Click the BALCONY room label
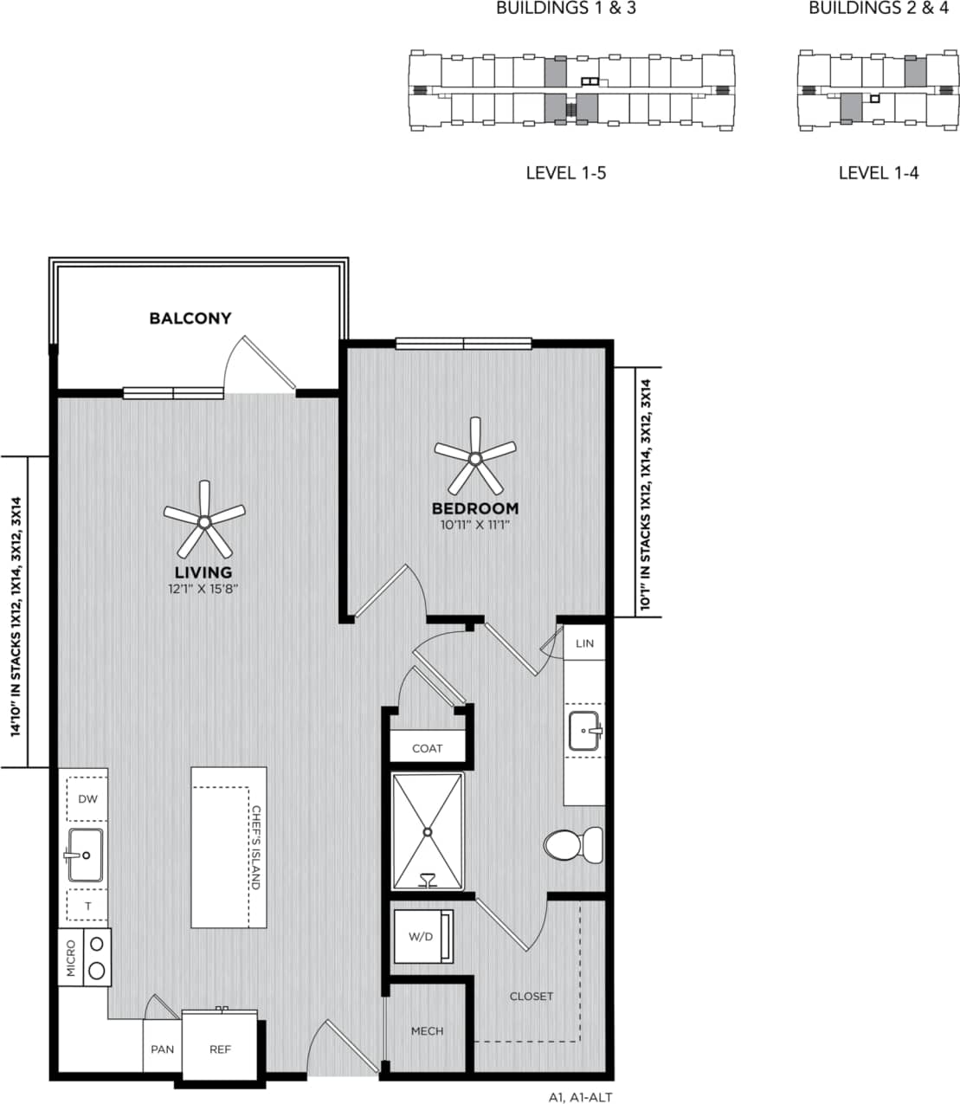pyautogui.click(x=190, y=318)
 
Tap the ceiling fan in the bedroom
pyautogui.click(x=474, y=457)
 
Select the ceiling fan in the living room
pyautogui.click(x=204, y=521)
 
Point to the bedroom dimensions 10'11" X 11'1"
pyautogui.click(x=474, y=524)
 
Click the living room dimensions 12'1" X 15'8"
pyautogui.click(x=203, y=588)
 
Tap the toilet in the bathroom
pyautogui.click(x=574, y=844)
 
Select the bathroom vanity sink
pyautogui.click(x=585, y=732)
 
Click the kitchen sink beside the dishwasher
pyautogui.click(x=86, y=854)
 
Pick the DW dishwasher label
pyautogui.click(x=88, y=799)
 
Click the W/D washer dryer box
pyautogui.click(x=422, y=936)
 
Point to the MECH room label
pyautogui.click(x=427, y=1030)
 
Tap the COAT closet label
pyautogui.click(x=427, y=748)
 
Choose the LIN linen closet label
pyautogui.click(x=585, y=643)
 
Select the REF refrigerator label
pyautogui.click(x=221, y=1049)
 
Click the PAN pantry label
pyautogui.click(x=162, y=1049)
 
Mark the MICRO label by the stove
pyautogui.click(x=71, y=959)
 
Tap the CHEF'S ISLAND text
pyautogui.click(x=256, y=848)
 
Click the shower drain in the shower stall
pyautogui.click(x=427, y=831)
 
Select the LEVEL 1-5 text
pyautogui.click(x=565, y=173)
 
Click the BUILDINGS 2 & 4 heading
pyautogui.click(x=878, y=9)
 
